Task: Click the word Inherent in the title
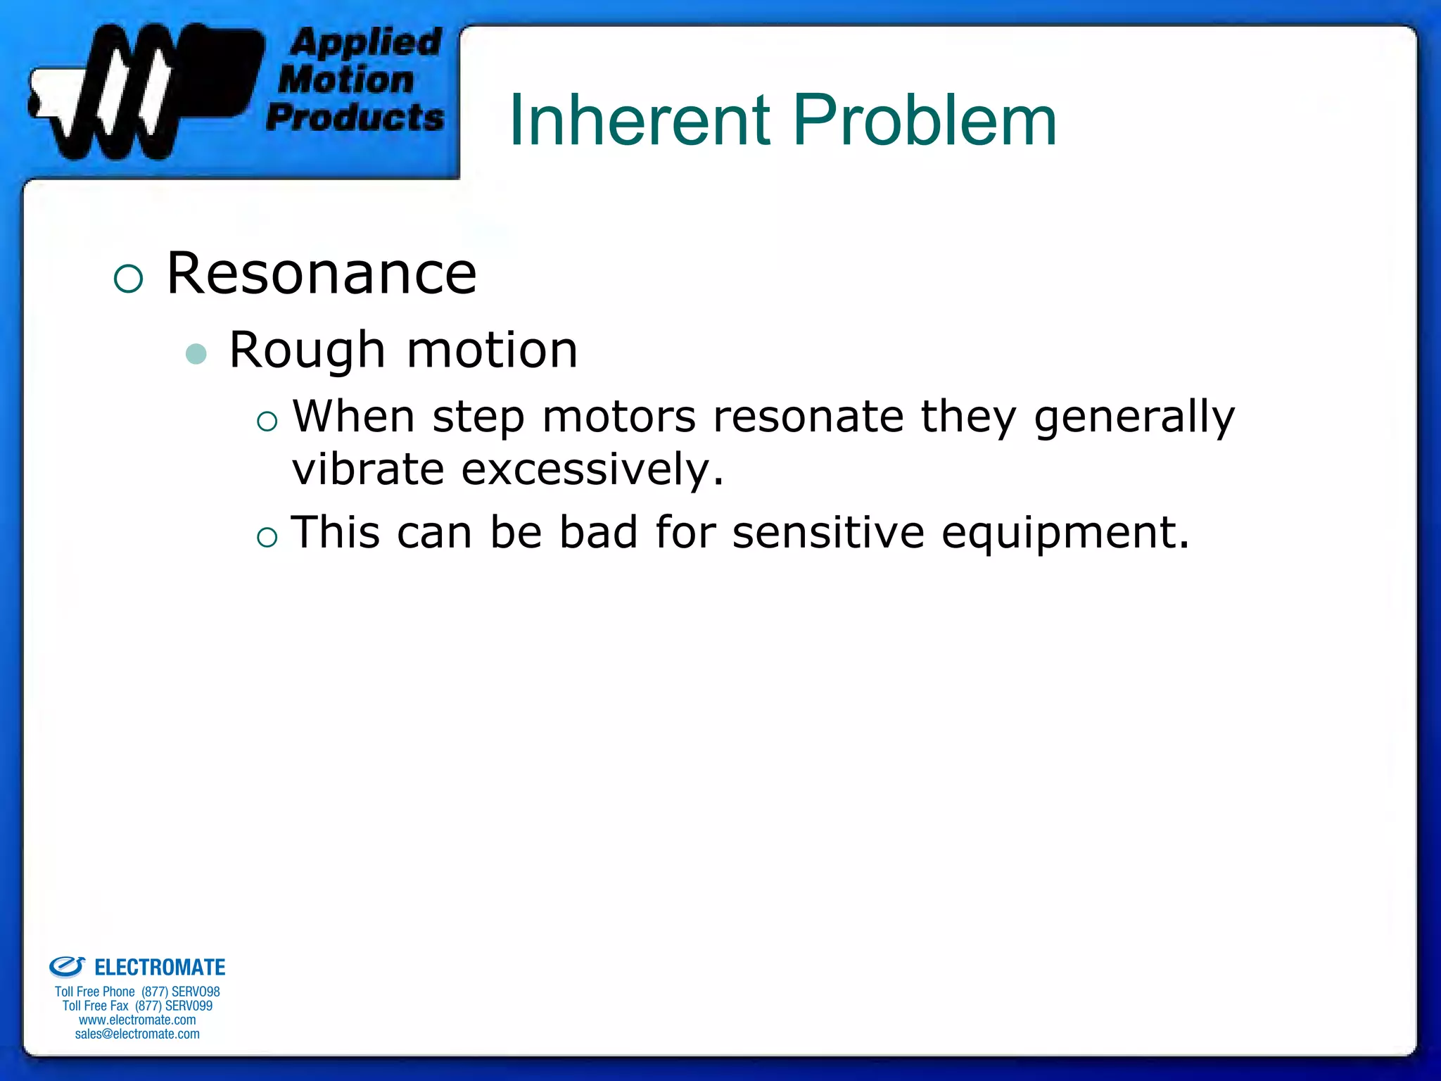click(639, 121)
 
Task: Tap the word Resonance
click(322, 274)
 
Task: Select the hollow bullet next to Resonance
click(128, 279)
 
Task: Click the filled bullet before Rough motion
click(196, 353)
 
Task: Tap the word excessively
click(592, 469)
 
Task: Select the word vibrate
click(368, 469)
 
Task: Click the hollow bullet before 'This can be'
click(267, 538)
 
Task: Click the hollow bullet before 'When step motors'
click(267, 422)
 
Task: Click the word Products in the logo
click(355, 117)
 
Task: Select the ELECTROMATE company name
click(159, 968)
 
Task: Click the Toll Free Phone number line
click(137, 992)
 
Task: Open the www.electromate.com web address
click(137, 1020)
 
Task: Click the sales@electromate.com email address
click(137, 1034)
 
